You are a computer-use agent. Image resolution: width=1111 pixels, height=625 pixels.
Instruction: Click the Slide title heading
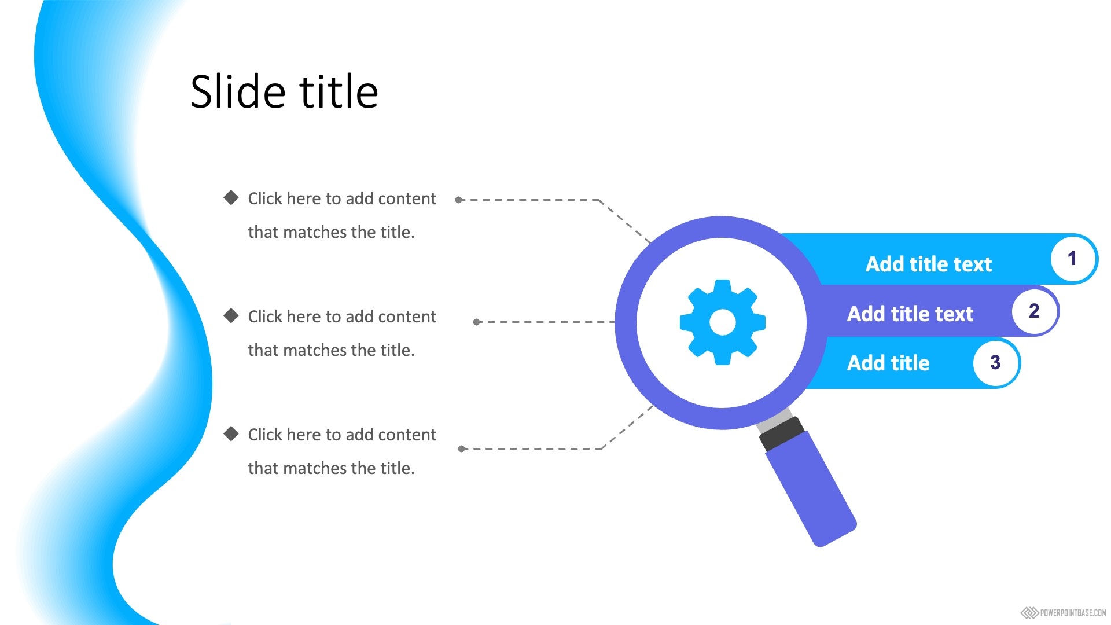coord(284,91)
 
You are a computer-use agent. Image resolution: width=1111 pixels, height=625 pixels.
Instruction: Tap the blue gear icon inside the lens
coord(722,322)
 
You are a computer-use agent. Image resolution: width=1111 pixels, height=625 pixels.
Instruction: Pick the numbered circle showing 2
coord(1034,311)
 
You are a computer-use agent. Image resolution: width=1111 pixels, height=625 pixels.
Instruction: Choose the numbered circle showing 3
coord(995,363)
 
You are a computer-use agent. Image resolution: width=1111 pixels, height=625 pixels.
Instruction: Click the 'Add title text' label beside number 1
coord(929,264)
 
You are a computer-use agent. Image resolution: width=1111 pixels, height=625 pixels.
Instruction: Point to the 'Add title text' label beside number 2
coord(910,314)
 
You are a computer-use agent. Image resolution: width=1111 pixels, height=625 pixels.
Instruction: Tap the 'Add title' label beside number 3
coord(888,363)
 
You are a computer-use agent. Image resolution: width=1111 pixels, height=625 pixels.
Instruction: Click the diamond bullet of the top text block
coord(231,198)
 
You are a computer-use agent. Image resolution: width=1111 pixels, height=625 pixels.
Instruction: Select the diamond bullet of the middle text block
coord(231,316)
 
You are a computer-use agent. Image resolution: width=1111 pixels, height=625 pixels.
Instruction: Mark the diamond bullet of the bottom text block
coord(231,434)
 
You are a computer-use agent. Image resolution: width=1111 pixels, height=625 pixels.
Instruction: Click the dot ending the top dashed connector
coord(459,200)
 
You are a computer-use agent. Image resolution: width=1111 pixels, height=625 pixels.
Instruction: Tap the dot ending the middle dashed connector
coord(477,322)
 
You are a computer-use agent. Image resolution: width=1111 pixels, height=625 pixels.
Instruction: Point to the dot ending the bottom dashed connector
coord(462,449)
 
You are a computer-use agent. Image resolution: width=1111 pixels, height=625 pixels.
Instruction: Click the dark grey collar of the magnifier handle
coord(782,434)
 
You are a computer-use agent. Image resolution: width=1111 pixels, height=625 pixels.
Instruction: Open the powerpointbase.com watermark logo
coord(1064,613)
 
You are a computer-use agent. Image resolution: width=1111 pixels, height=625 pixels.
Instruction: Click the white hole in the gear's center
coord(722,322)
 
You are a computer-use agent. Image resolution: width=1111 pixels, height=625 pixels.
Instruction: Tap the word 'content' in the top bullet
coord(407,198)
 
